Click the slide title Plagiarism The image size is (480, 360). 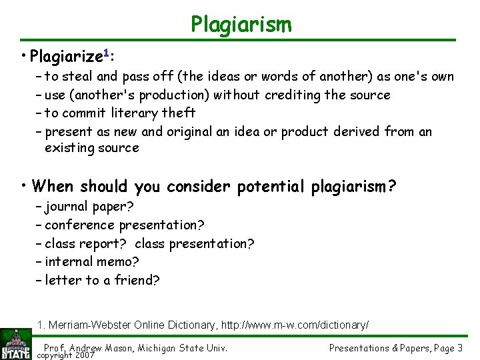(241, 25)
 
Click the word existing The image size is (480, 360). (69, 148)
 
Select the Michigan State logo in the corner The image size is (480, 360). (16, 343)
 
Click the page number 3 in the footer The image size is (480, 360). (460, 348)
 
